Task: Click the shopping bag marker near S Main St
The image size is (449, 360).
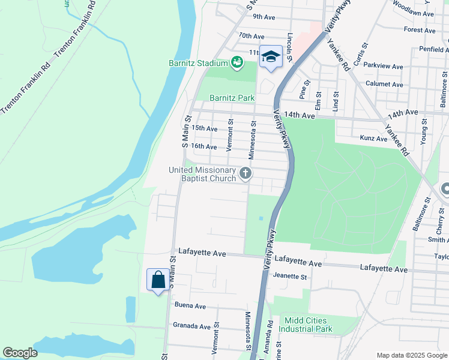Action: tap(157, 280)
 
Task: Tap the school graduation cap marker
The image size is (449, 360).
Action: tap(270, 57)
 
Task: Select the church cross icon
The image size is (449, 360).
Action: tap(245, 174)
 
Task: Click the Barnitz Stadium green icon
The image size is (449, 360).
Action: tap(237, 62)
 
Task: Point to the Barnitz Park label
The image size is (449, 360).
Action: tap(232, 98)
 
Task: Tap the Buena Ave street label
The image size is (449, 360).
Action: tap(190, 306)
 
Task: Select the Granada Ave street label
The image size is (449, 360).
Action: tap(192, 326)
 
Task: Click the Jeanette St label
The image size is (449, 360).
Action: tap(290, 277)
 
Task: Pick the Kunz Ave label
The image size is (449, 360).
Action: tap(373, 139)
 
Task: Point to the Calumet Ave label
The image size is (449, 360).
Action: tap(384, 85)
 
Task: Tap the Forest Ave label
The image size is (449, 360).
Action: tap(420, 29)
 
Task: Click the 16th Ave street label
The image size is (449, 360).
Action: tap(203, 146)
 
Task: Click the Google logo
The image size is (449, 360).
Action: tap(20, 353)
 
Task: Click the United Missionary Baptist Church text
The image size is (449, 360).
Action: tap(202, 175)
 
